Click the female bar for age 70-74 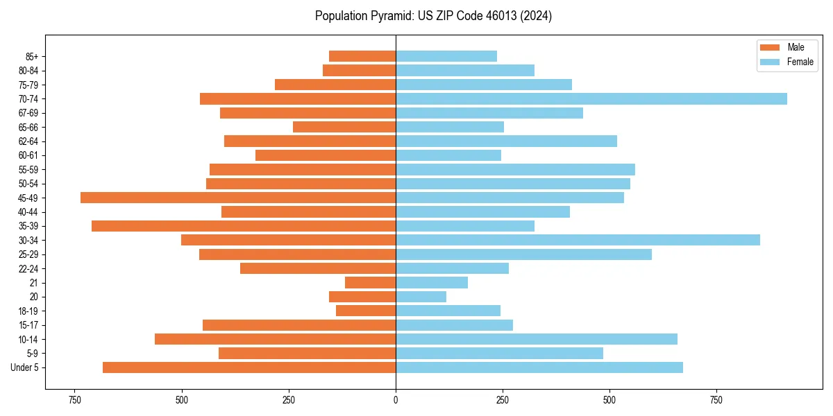(x=591, y=99)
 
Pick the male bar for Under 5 (x=249, y=367)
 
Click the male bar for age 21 (x=370, y=283)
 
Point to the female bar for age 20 (x=421, y=297)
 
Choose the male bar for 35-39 (x=244, y=226)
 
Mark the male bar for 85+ (x=362, y=56)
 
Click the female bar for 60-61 (x=448, y=155)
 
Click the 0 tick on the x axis (x=396, y=400)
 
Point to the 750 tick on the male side (x=75, y=400)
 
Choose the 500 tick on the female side (x=609, y=400)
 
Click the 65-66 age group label (x=28, y=127)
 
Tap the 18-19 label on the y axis (x=28, y=311)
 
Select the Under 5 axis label (x=25, y=367)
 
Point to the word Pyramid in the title (x=390, y=16)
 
